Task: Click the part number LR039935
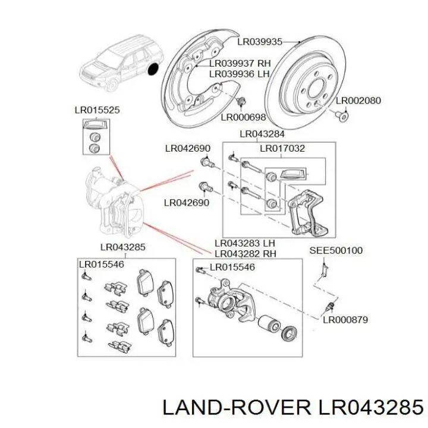click(x=259, y=42)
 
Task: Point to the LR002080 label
click(x=358, y=101)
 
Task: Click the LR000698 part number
click(x=243, y=117)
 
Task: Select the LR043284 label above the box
click(x=262, y=134)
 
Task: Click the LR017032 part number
click(x=282, y=148)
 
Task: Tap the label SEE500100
click(x=336, y=251)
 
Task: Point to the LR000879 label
click(x=345, y=319)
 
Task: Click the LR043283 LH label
click(x=244, y=243)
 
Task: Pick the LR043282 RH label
click(x=245, y=253)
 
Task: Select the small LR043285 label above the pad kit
click(x=122, y=247)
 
